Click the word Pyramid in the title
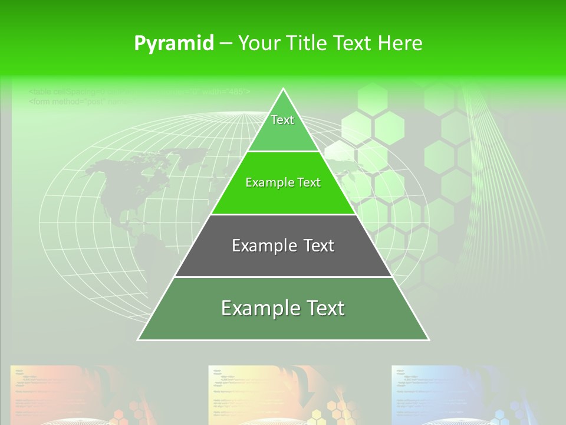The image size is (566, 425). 173,44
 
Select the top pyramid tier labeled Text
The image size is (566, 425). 283,127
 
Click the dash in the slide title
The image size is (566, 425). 226,44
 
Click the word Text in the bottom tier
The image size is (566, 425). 321,308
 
